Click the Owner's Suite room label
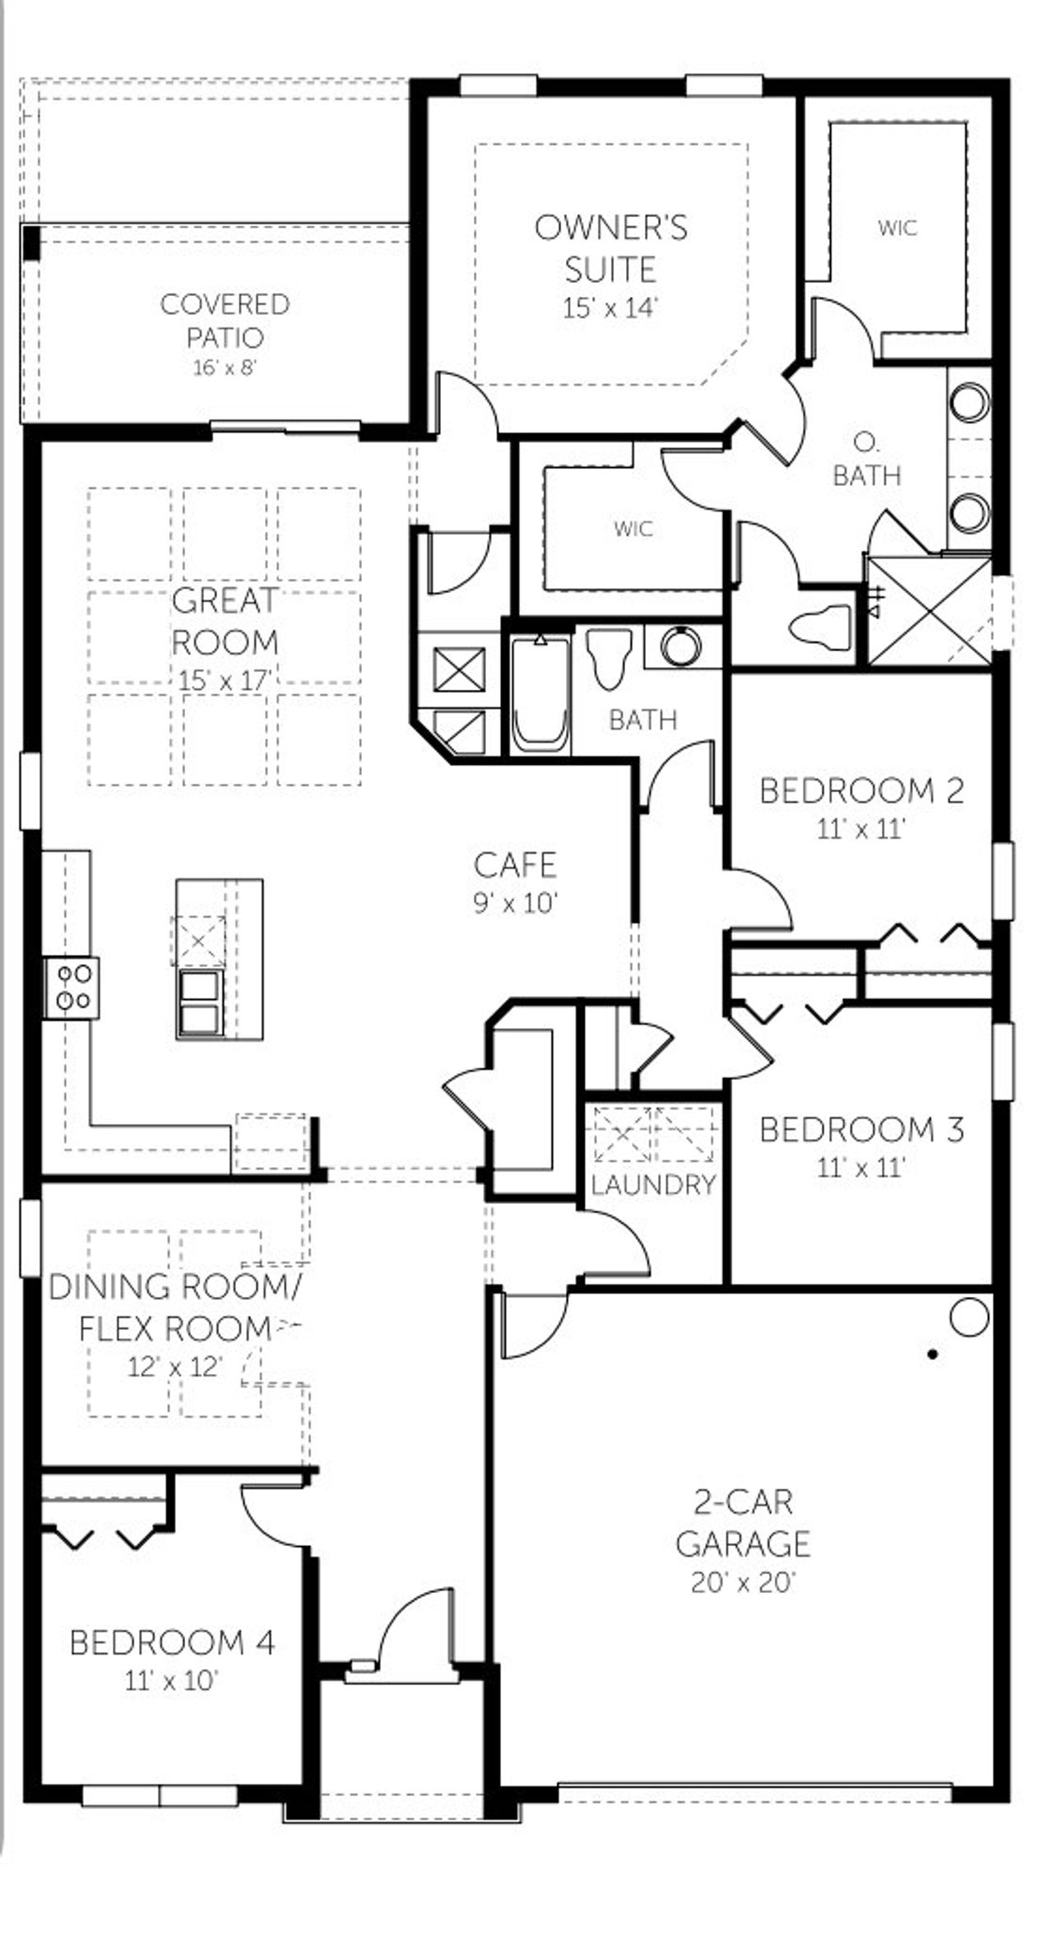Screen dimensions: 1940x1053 click(x=610, y=248)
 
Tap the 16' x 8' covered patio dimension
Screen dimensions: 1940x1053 click(x=225, y=367)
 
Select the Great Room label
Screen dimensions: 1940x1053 click(x=225, y=621)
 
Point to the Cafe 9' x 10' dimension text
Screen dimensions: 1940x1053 click(x=516, y=903)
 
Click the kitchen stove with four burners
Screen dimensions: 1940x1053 click(x=72, y=987)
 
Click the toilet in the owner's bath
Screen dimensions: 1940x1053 click(x=822, y=627)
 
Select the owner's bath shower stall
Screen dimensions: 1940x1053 click(x=929, y=610)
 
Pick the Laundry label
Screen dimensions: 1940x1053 click(x=653, y=1185)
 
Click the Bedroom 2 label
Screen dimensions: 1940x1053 click(x=860, y=791)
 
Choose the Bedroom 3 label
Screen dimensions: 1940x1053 click(x=860, y=1130)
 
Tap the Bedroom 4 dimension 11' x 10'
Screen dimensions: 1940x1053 click(x=171, y=1681)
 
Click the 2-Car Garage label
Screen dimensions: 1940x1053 click(x=743, y=1523)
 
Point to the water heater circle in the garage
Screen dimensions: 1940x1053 click(x=968, y=1317)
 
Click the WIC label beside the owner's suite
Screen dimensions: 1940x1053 click(x=897, y=228)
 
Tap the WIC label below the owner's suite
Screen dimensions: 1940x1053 click(x=633, y=528)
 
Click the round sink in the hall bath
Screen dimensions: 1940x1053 click(x=680, y=645)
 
